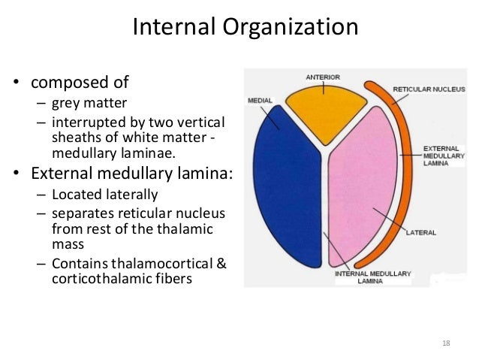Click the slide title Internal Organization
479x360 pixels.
pos(239,29)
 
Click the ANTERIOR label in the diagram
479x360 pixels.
pos(324,76)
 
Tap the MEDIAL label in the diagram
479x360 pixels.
pos(259,98)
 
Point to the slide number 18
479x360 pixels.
pos(446,343)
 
